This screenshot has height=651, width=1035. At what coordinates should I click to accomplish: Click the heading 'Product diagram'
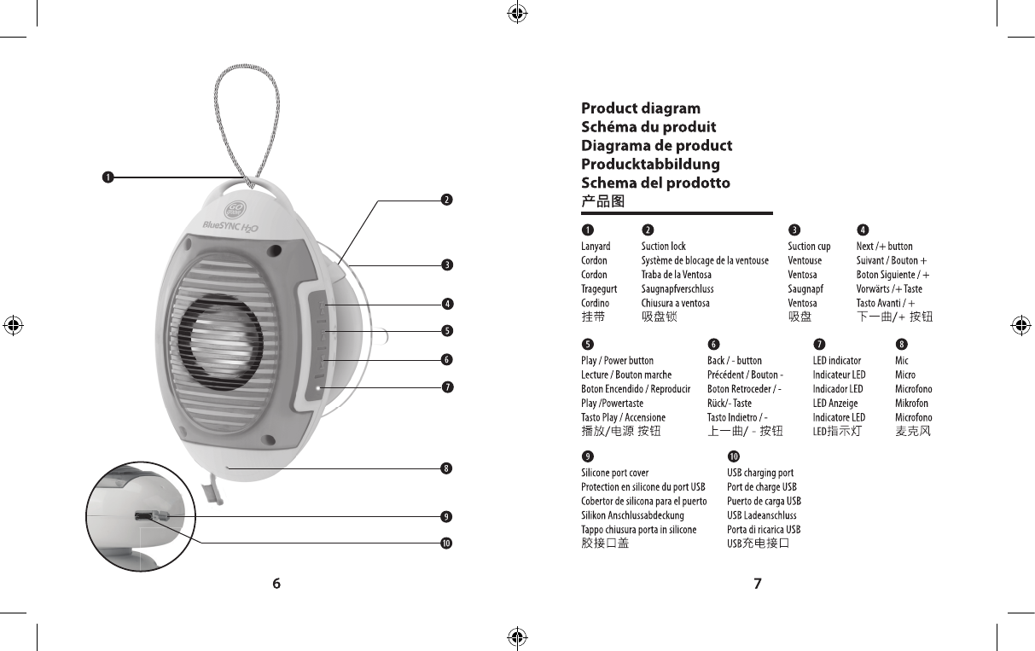point(640,108)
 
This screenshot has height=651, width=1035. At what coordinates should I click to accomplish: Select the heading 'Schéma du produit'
point(648,127)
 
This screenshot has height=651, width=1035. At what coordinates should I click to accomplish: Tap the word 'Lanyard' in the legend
point(596,247)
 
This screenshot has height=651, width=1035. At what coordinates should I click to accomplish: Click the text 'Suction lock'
point(663,247)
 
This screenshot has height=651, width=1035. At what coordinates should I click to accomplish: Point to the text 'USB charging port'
point(759,473)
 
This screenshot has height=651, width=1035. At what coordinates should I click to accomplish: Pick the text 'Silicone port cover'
point(614,473)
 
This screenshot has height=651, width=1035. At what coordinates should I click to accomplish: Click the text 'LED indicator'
point(836,361)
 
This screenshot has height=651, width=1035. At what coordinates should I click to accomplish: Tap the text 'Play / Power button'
point(617,361)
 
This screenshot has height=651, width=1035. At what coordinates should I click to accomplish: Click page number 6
point(276,584)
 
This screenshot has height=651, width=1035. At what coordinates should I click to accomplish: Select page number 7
point(757,584)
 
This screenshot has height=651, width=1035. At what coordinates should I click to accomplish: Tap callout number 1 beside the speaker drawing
point(107,177)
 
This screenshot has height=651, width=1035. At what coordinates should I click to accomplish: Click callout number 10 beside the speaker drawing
point(445,543)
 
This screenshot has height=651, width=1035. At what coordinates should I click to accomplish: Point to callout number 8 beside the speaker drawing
point(445,468)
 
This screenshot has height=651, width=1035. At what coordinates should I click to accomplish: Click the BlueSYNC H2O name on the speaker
point(230,225)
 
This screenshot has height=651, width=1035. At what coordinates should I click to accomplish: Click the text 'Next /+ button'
point(884,247)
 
